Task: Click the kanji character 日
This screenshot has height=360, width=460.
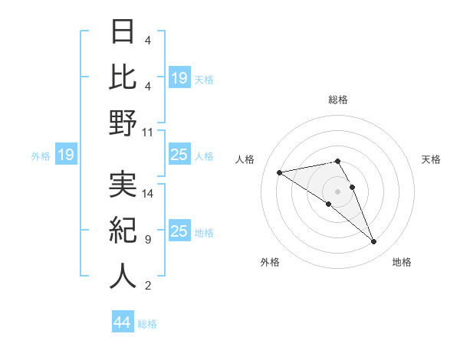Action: pyautogui.click(x=123, y=33)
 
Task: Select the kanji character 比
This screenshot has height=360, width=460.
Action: pyautogui.click(x=123, y=77)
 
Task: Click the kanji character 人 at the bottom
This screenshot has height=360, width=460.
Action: pyautogui.click(x=123, y=276)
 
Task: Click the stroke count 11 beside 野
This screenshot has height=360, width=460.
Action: pyautogui.click(x=149, y=132)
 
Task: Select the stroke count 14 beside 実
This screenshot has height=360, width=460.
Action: pyautogui.click(x=149, y=194)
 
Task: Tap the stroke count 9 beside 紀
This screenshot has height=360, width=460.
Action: pyautogui.click(x=147, y=240)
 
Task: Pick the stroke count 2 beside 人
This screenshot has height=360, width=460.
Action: pyautogui.click(x=147, y=286)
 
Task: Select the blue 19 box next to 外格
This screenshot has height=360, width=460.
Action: pyautogui.click(x=65, y=155)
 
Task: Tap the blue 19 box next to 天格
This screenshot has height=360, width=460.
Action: pyautogui.click(x=179, y=78)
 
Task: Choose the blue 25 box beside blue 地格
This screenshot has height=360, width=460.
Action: pyautogui.click(x=179, y=231)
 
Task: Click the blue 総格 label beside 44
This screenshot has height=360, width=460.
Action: pyautogui.click(x=147, y=324)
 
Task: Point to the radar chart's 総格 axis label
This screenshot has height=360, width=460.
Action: pyautogui.click(x=337, y=100)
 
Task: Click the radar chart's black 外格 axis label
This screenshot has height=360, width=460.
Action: pyautogui.click(x=270, y=263)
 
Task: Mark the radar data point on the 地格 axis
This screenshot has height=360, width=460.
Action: pyautogui.click(x=374, y=242)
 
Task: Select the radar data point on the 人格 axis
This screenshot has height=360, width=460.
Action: pyautogui.click(x=279, y=172)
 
